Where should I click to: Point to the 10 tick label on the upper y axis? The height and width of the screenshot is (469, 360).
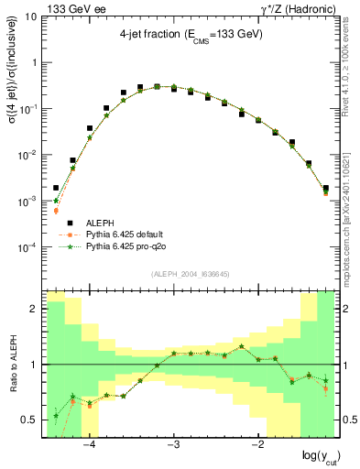(x=30, y=17)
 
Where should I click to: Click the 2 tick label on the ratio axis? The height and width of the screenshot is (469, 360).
(x=34, y=309)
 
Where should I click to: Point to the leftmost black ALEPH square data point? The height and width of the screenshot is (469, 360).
(x=56, y=188)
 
